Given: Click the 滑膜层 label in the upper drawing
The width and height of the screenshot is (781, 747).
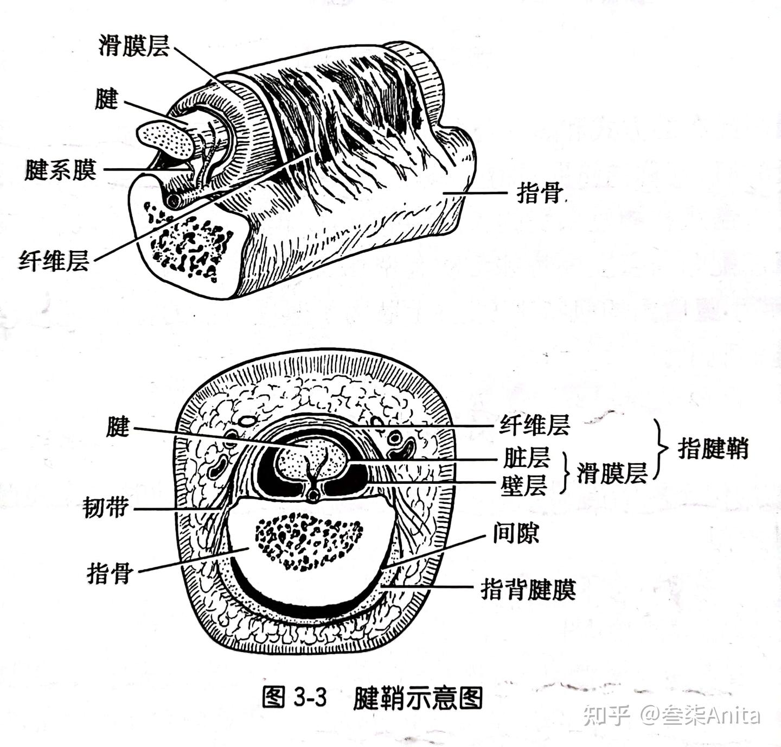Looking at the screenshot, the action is coord(133,46).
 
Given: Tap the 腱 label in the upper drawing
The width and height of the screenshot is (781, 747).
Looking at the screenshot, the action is coord(107,99).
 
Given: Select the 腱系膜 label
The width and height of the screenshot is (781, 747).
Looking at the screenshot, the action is coord(61,169).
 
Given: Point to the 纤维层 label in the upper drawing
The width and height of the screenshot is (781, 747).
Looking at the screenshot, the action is coord(54,260).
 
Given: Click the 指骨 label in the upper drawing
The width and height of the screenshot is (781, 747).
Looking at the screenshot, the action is coord(540,193).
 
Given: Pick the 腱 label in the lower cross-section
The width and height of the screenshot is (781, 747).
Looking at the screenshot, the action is coord(118,427).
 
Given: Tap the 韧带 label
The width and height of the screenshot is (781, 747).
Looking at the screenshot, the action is coord(106,507).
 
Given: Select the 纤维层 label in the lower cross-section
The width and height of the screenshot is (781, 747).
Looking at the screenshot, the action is coord(534,425).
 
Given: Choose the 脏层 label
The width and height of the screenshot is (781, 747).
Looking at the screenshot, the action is coord(526,458).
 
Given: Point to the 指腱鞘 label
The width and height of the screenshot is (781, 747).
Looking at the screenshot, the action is coord(713,448).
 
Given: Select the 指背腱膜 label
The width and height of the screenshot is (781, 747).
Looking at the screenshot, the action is coord(528,590).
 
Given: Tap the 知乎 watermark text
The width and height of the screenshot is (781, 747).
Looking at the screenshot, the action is coord(606,716).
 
